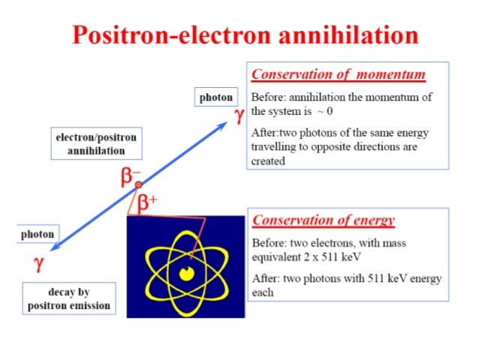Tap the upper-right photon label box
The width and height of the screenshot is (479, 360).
(215, 97)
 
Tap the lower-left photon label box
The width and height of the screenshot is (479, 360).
(38, 234)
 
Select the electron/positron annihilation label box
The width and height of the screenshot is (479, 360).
(96, 144)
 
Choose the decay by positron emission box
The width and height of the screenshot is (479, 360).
(69, 298)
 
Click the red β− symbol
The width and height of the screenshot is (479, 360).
(131, 177)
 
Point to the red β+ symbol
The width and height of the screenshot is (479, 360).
(146, 201)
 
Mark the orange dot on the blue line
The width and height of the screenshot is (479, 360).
(138, 184)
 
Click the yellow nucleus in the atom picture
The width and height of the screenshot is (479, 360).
(185, 272)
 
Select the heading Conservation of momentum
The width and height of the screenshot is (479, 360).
(339, 75)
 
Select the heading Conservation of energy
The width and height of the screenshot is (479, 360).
(324, 220)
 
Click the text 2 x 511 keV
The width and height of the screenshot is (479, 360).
(330, 256)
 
